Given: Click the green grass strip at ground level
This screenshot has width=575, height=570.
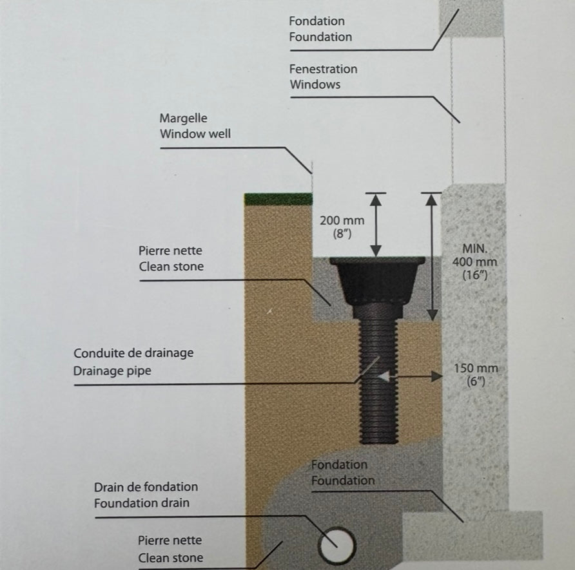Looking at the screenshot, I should point(278,199).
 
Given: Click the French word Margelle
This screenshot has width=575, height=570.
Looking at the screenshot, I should point(184,119).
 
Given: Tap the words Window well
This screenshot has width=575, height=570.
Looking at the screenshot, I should point(195,135).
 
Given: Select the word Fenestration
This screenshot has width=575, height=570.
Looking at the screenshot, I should point(323,69).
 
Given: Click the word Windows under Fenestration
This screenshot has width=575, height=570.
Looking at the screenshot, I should point(315,84).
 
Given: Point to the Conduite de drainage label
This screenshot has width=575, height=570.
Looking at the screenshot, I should point(133,353).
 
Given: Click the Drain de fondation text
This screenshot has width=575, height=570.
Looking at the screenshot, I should point(146,487).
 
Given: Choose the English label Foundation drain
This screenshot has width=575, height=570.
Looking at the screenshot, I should point(142,503).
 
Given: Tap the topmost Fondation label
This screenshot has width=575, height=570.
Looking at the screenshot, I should point(317,21).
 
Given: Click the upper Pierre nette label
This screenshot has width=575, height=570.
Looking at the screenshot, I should point(170,251).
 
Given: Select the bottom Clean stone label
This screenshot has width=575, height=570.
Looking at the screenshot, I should point(170,558).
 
